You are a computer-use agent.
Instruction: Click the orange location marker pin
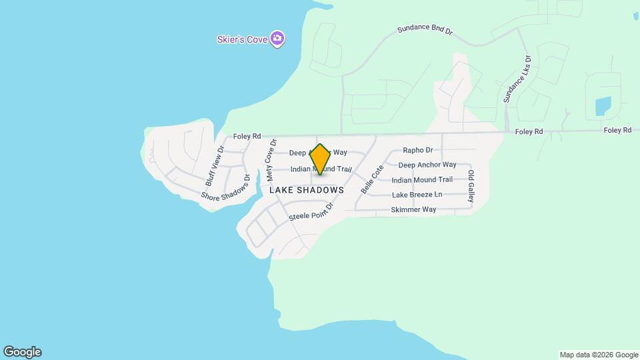click(320, 159)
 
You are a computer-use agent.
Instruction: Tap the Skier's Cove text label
click(242, 39)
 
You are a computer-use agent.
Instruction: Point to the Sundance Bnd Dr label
click(425, 31)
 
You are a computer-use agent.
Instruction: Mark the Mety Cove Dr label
click(271, 160)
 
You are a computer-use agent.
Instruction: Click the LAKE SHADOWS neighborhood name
click(307, 190)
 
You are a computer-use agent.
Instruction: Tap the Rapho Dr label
click(418, 150)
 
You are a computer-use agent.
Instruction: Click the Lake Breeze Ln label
click(417, 195)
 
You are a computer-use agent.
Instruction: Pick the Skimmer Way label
click(413, 209)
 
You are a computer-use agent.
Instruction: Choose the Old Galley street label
click(471, 187)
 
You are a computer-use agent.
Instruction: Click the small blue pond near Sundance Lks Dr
click(603, 105)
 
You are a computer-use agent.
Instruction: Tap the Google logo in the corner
click(22, 352)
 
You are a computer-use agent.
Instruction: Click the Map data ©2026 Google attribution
click(598, 355)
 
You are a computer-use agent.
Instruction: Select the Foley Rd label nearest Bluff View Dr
click(247, 137)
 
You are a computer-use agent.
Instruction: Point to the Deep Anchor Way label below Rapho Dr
click(427, 165)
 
